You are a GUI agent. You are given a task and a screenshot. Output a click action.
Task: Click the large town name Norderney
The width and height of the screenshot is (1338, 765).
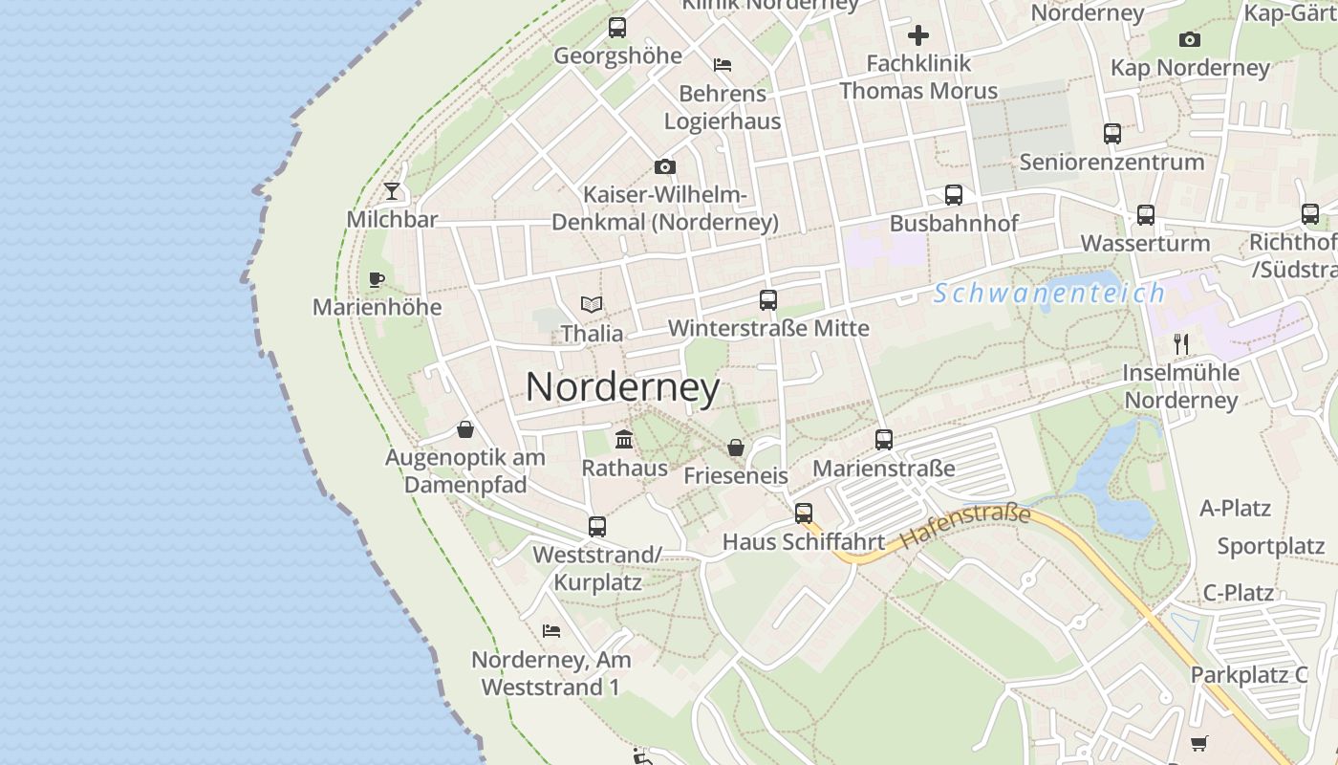[623, 387]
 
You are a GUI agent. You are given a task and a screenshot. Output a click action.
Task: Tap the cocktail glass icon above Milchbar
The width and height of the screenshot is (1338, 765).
[392, 191]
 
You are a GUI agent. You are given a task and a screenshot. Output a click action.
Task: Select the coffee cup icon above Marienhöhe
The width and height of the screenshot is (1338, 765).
[377, 279]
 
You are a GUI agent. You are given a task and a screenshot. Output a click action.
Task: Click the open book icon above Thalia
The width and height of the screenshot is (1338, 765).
[592, 305]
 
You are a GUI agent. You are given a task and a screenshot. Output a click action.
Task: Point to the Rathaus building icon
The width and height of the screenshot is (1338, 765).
[624, 440]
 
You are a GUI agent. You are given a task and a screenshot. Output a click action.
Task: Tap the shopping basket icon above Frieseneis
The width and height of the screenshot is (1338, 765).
[736, 447]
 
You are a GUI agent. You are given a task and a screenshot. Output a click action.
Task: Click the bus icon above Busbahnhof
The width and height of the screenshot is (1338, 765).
[953, 195]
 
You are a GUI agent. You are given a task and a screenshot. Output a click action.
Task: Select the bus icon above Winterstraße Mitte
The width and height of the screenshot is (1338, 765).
[768, 300]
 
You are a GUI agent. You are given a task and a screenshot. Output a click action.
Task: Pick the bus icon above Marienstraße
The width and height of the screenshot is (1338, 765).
[884, 440]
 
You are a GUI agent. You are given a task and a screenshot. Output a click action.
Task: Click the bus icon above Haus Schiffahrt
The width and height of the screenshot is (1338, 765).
[804, 514]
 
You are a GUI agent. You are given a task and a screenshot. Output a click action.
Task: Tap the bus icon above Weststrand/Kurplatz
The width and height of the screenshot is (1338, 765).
[597, 526]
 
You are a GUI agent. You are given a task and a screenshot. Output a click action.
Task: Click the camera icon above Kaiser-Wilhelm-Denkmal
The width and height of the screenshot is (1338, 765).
[665, 167]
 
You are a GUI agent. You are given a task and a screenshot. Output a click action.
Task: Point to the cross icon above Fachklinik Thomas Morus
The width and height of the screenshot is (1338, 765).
[918, 36]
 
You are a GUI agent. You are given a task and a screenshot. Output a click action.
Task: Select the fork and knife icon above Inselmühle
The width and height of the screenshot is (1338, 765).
[1181, 344]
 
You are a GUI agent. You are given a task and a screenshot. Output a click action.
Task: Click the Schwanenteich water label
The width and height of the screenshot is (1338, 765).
[1049, 294]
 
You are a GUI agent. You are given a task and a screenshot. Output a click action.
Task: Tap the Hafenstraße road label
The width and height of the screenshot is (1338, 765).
[965, 527]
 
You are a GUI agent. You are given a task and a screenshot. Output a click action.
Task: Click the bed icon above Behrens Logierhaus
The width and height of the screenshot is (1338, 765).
[723, 65]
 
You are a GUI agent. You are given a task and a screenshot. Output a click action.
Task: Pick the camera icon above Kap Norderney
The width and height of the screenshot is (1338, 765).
[1190, 39]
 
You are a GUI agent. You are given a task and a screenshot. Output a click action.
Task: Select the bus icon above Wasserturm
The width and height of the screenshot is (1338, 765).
[1146, 215]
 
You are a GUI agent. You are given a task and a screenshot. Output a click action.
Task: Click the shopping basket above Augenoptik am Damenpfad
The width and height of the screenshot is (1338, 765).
[465, 428]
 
